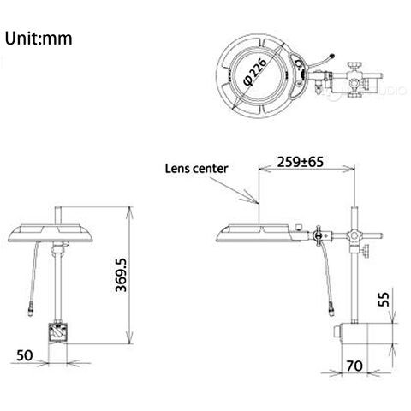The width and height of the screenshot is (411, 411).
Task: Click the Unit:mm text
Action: point(39,39)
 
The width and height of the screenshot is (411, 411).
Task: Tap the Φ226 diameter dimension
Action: point(255,71)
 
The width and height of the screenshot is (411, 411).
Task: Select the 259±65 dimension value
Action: point(301,162)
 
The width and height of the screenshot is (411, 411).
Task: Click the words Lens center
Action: point(196,169)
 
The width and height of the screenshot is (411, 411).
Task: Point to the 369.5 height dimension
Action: point(121,275)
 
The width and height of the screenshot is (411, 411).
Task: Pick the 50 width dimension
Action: point(25,355)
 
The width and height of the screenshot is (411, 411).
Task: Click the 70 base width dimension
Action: point(354,366)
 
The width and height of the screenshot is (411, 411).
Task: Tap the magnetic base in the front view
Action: point(57,332)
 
